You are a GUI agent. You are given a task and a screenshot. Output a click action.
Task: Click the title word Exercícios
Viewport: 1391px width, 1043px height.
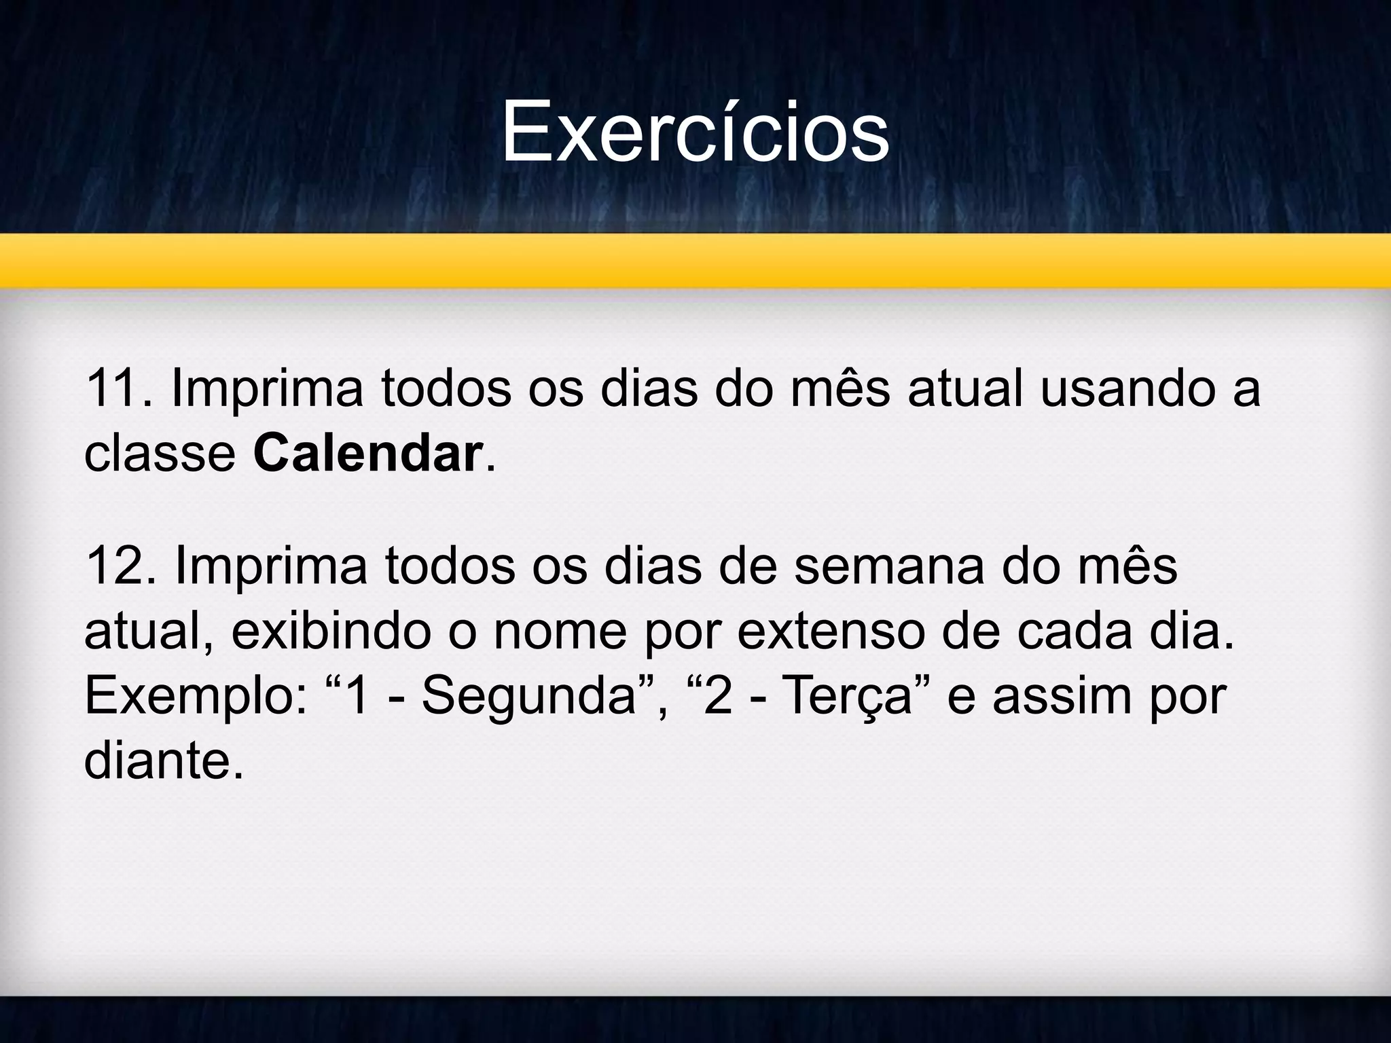tap(695, 132)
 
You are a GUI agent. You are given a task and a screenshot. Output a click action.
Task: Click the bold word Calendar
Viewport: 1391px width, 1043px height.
tap(367, 454)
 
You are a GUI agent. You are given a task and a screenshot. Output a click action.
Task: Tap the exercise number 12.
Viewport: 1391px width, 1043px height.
tap(113, 567)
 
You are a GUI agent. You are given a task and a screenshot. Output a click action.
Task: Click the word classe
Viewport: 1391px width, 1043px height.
tap(160, 454)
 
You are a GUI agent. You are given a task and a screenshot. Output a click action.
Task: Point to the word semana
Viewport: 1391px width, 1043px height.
tap(888, 567)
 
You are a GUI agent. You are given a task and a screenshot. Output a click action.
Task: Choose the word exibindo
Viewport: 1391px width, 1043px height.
tap(331, 632)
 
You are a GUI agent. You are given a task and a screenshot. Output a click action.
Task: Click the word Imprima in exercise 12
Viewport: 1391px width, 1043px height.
tap(271, 567)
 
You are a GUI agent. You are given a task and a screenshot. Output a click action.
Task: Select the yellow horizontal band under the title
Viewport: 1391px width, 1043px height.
tap(695, 261)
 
